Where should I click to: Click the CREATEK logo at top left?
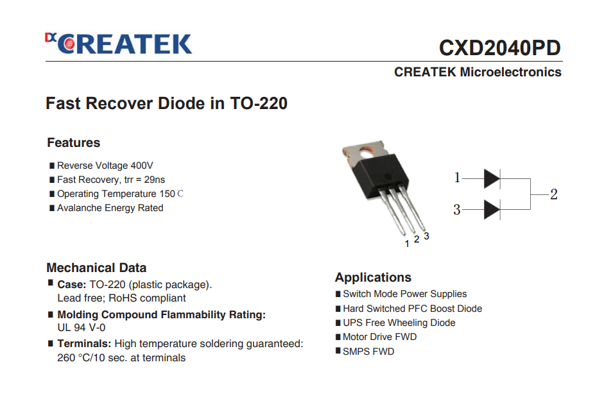click(x=119, y=44)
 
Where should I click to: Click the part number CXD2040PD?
click(x=500, y=47)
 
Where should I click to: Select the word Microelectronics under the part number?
click(x=510, y=72)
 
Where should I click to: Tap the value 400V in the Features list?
click(x=142, y=166)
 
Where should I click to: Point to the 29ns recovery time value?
click(x=155, y=180)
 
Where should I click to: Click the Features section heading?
click(x=74, y=142)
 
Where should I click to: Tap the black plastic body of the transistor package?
click(x=380, y=176)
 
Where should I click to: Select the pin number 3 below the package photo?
click(x=426, y=236)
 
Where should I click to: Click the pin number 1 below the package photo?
click(x=407, y=244)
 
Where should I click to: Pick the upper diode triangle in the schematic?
click(x=492, y=178)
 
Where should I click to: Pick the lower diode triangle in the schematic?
click(x=492, y=210)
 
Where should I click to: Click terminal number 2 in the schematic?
click(x=554, y=194)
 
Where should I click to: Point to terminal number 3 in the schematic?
click(x=456, y=210)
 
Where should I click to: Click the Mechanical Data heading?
click(x=96, y=268)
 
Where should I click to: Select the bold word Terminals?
click(x=85, y=343)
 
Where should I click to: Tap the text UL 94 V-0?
click(x=82, y=327)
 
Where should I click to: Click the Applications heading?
click(x=374, y=277)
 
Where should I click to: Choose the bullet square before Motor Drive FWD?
click(x=338, y=337)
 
